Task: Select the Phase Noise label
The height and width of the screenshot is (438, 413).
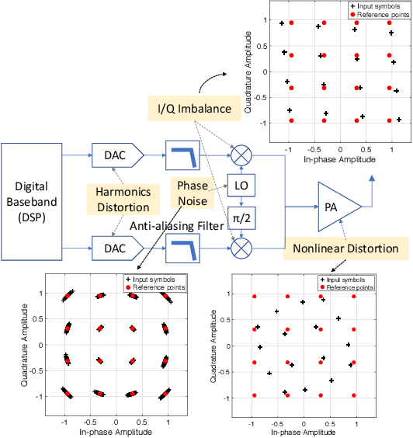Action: click(x=192, y=193)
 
